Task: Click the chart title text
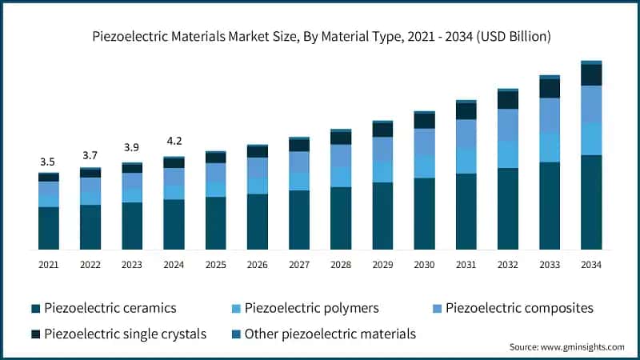[x=320, y=37]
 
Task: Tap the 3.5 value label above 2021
[x=49, y=162]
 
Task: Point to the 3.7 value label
[x=90, y=155]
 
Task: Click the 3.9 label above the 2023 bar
[x=132, y=148]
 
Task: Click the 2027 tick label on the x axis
[x=299, y=264]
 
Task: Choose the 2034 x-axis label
[x=591, y=264]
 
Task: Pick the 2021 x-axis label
[x=49, y=264]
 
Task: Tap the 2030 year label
[x=424, y=264]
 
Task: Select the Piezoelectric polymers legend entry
[x=310, y=308]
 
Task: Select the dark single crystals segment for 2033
[x=550, y=88]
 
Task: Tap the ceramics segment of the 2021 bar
[x=49, y=228]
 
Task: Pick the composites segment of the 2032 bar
[x=508, y=125]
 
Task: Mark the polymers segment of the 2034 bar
[x=591, y=138]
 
